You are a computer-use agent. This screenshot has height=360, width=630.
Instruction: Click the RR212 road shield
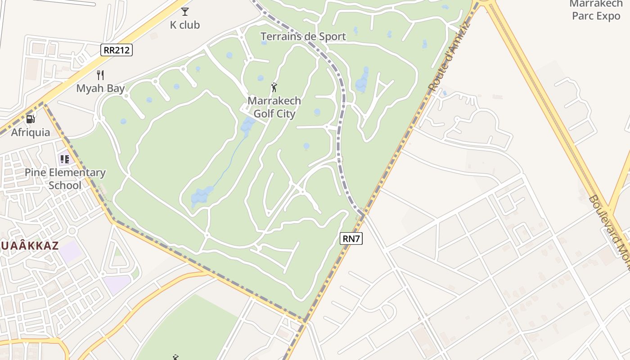pyautogui.click(x=117, y=50)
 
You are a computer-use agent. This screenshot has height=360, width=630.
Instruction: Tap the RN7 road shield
pyautogui.click(x=351, y=239)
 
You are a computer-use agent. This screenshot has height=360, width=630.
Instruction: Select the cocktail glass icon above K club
pyautogui.click(x=184, y=12)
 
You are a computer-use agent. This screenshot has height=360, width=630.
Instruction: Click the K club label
pyautogui.click(x=184, y=25)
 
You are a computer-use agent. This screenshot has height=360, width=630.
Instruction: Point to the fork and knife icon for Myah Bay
pyautogui.click(x=100, y=75)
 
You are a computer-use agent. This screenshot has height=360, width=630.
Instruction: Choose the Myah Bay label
pyautogui.click(x=100, y=88)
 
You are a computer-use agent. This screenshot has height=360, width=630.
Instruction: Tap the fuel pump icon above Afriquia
pyautogui.click(x=31, y=119)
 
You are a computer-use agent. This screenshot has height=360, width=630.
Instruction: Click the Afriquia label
pyautogui.click(x=31, y=133)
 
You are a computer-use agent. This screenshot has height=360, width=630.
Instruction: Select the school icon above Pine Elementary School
pyautogui.click(x=65, y=159)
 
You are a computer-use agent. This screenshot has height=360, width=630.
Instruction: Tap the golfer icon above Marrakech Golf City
pyautogui.click(x=274, y=87)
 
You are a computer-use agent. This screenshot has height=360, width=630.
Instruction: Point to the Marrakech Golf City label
pyautogui.click(x=274, y=107)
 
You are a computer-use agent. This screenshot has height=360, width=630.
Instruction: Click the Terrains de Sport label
pyautogui.click(x=303, y=36)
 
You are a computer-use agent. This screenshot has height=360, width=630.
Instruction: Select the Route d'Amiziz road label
pyautogui.click(x=449, y=56)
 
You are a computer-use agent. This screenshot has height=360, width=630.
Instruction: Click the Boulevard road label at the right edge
pyautogui.click(x=610, y=232)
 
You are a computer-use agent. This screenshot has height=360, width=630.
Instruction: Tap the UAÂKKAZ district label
pyautogui.click(x=29, y=246)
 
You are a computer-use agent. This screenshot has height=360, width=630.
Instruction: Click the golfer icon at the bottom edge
pyautogui.click(x=175, y=357)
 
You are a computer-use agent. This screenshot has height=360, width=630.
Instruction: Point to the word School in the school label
pyautogui.click(x=65, y=185)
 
